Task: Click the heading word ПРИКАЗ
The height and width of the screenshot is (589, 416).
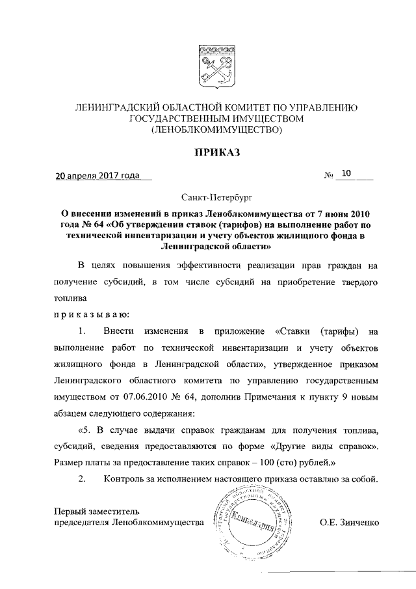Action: coord(216,153)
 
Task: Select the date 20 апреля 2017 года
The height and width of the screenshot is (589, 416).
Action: coord(97,175)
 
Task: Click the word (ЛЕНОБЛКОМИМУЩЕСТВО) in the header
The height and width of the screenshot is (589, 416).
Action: coord(216,130)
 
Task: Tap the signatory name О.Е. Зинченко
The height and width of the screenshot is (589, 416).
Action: coord(349,522)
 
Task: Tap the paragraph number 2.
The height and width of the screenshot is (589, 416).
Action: coord(82,480)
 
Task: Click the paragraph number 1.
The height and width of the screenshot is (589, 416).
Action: coord(82,333)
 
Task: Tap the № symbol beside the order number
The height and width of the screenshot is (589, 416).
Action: coord(328,175)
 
